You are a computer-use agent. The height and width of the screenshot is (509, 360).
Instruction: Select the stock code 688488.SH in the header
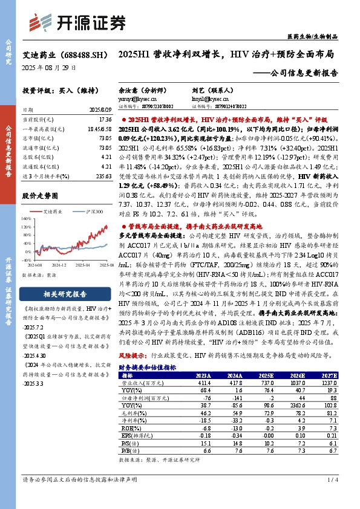click(x=77, y=54)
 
